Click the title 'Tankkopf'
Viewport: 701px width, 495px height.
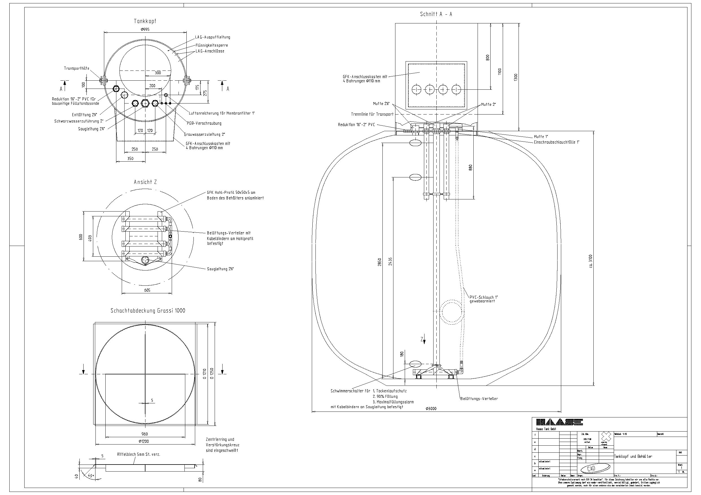tap(145, 21)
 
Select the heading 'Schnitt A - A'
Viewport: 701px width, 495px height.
tap(436, 14)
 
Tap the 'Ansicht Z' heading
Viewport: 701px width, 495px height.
tap(145, 182)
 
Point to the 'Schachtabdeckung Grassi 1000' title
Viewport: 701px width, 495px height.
tap(148, 311)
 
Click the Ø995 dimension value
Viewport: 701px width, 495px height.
tap(145, 30)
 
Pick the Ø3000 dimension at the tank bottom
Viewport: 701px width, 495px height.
tap(430, 409)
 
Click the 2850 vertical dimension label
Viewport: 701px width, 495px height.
tap(380, 262)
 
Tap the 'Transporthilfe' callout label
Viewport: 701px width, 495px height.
tap(77, 68)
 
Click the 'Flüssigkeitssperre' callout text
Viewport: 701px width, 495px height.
tap(212, 45)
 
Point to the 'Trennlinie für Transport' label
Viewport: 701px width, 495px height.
tap(372, 114)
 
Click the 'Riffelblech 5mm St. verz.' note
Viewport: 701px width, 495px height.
tap(139, 454)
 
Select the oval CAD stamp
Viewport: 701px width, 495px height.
tap(595, 469)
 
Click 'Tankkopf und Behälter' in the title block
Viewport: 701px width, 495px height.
tap(633, 457)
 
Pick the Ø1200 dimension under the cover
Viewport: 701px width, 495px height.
tap(145, 441)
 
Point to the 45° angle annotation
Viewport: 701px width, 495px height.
tap(91, 476)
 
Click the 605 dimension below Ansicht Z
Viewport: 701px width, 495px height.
tap(147, 290)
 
